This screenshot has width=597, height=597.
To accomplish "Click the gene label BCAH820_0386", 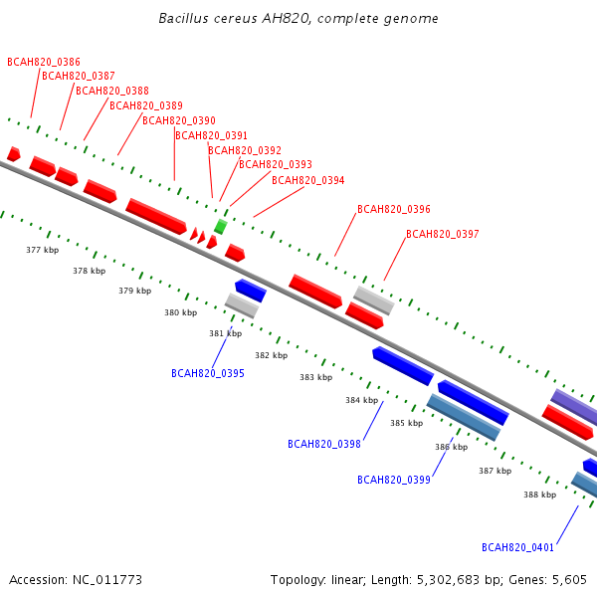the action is click(x=44, y=62).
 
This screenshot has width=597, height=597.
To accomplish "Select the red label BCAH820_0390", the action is click(x=179, y=120).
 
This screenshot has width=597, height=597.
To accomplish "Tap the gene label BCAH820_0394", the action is click(x=308, y=180).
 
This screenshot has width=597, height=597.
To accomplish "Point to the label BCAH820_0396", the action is click(x=394, y=209).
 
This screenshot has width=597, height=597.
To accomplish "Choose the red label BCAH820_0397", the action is click(x=443, y=234).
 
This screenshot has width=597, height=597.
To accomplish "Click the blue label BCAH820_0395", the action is click(x=208, y=373).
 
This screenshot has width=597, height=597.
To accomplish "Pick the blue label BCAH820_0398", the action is click(x=324, y=444).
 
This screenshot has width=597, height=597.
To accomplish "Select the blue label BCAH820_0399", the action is click(x=394, y=480).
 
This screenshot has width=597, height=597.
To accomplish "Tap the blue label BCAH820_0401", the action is click(x=517, y=547).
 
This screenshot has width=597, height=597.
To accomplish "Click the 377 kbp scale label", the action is click(x=42, y=250).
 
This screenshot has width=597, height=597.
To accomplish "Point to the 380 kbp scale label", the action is click(x=180, y=312).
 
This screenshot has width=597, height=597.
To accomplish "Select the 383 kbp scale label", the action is click(x=316, y=377).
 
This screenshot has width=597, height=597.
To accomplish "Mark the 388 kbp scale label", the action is click(x=540, y=495).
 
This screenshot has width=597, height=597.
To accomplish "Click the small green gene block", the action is click(x=221, y=226).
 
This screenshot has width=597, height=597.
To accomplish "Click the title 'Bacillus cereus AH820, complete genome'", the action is click(x=298, y=18).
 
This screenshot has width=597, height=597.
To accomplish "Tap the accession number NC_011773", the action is click(x=107, y=580).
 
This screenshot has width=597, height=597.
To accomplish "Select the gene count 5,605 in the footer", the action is click(x=569, y=580).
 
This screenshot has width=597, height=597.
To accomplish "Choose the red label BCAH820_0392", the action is click(x=245, y=150).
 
